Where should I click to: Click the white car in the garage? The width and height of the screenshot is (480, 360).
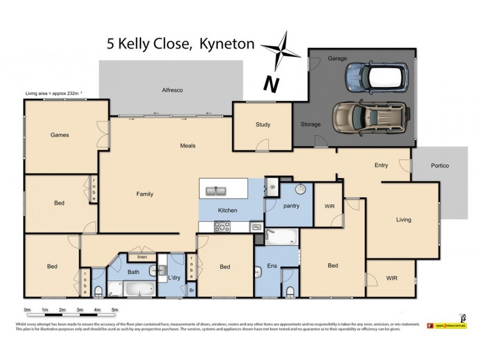tap(376, 76)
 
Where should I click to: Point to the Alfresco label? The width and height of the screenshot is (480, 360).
tap(172, 90)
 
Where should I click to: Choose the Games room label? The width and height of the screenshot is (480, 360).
tap(59, 135)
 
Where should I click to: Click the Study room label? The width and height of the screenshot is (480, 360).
tap(263, 125)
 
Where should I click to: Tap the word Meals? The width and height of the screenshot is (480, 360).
tap(188, 146)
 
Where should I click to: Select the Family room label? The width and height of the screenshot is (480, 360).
tap(145, 194)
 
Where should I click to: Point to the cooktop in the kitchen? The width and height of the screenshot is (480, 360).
tap(222, 226)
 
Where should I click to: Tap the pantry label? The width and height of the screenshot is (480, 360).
tap(291, 206)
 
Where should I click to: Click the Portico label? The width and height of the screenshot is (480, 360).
tap(440, 166)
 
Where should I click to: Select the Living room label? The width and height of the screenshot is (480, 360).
tap(404, 220)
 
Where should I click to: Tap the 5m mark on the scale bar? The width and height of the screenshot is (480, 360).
tap(114, 310)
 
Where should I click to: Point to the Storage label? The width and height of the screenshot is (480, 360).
tap(311, 125)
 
